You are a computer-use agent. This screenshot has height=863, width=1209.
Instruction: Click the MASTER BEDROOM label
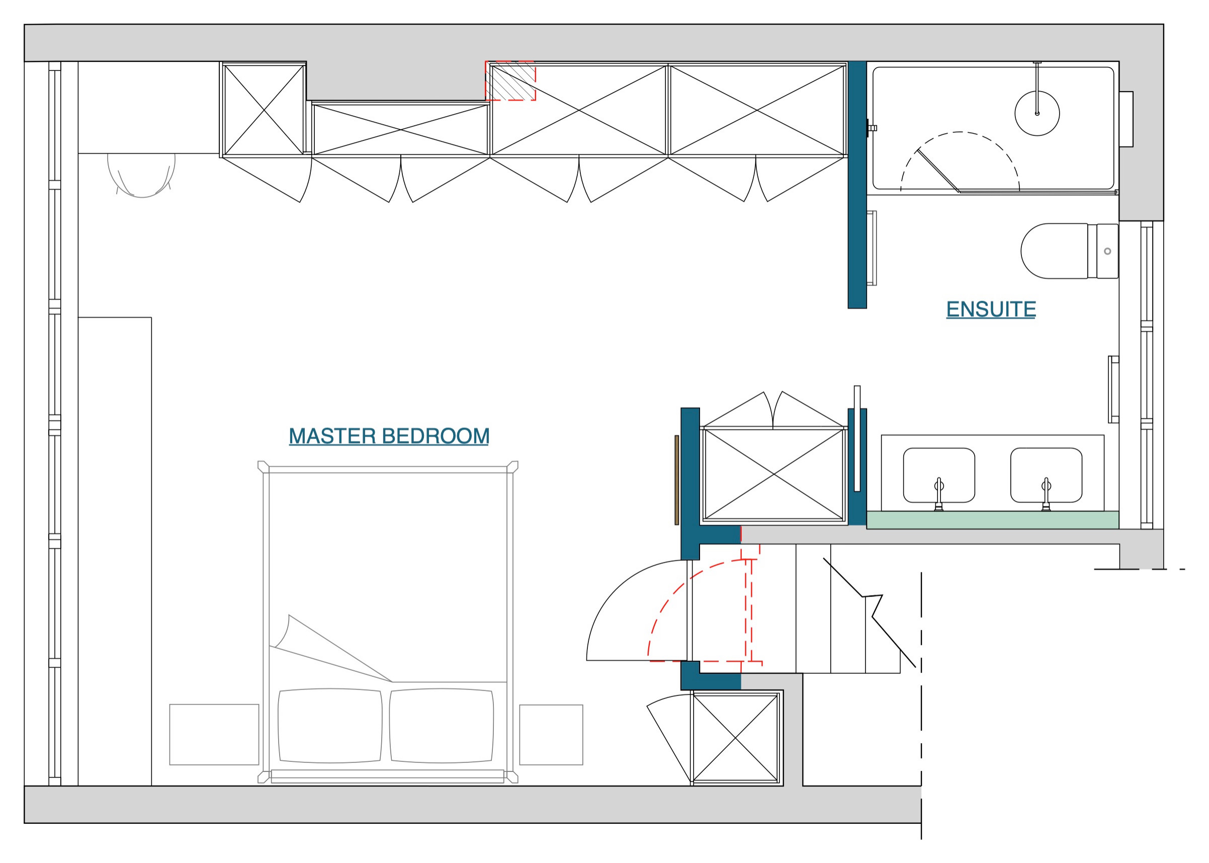point(388,437)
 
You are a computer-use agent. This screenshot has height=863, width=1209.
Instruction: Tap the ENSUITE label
point(991,309)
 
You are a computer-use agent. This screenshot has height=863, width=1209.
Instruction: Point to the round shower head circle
point(1037,113)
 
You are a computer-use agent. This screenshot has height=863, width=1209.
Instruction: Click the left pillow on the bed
point(330,725)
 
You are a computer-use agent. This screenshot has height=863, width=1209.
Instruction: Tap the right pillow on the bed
point(442,725)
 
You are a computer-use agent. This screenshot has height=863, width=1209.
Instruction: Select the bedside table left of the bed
point(214,734)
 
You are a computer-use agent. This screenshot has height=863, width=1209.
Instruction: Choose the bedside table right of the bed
point(551,734)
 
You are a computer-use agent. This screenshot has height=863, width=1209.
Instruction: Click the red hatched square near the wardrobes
point(510,81)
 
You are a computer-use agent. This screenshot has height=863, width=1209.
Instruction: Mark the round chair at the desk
point(141,172)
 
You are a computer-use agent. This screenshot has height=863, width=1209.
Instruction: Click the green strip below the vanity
point(992,520)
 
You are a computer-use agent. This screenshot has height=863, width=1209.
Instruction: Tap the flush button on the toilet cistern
point(1107,251)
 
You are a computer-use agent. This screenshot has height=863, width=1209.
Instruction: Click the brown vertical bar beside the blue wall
point(676,480)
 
